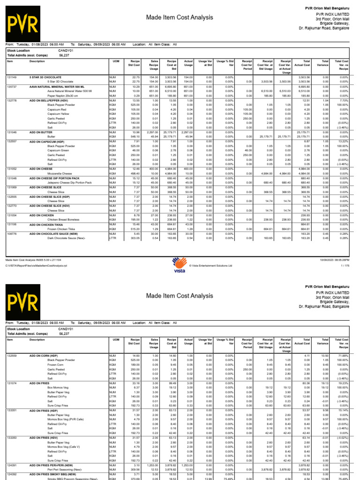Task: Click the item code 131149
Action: pos(10,76)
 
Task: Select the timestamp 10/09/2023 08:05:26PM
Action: pos(334,259)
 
